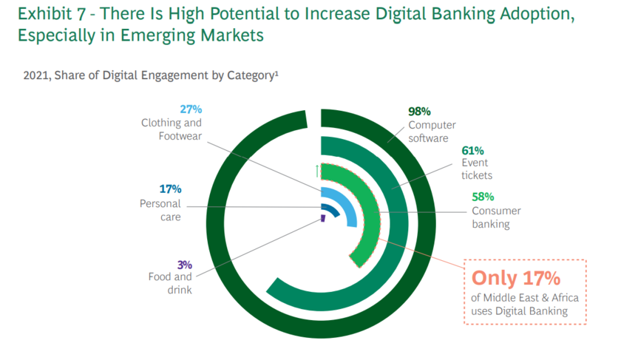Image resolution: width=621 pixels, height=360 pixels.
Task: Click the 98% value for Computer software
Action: point(419,112)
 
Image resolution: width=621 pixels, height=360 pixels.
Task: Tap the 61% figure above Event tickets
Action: point(472,151)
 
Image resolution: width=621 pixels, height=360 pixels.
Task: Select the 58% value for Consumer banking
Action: point(483,197)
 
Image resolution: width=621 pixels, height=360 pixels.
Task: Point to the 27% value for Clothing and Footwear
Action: point(191,109)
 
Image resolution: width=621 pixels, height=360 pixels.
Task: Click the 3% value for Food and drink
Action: point(185,265)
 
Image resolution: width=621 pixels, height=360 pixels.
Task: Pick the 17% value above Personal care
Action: point(170,189)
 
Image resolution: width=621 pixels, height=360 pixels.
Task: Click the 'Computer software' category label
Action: point(432,132)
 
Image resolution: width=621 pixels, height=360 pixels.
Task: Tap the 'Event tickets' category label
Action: point(477,169)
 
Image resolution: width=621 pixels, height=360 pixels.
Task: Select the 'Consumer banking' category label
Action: point(496,217)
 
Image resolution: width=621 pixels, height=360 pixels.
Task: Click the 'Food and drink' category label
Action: point(170,283)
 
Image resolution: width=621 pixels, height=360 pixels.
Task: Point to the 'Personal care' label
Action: point(160,210)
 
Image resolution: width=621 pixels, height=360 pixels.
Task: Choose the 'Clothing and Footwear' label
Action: point(172,129)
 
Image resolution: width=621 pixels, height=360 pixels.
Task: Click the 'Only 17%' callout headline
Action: point(516,278)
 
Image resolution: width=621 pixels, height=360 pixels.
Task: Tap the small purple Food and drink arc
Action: point(323,218)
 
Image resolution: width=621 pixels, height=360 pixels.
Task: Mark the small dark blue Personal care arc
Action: point(333,208)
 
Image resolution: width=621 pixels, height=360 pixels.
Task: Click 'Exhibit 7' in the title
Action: point(52,14)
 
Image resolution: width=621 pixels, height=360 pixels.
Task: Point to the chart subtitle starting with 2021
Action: point(151,75)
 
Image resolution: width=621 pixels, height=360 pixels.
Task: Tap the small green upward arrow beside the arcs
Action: point(317,171)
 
